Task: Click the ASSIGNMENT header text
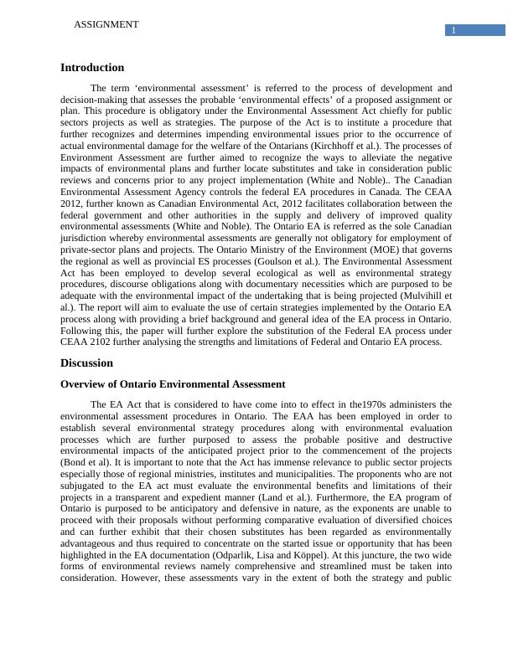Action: click(106, 25)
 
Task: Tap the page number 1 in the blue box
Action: click(453, 31)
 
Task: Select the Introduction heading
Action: click(92, 68)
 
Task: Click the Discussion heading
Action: click(86, 363)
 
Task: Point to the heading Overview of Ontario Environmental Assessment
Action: click(173, 384)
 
